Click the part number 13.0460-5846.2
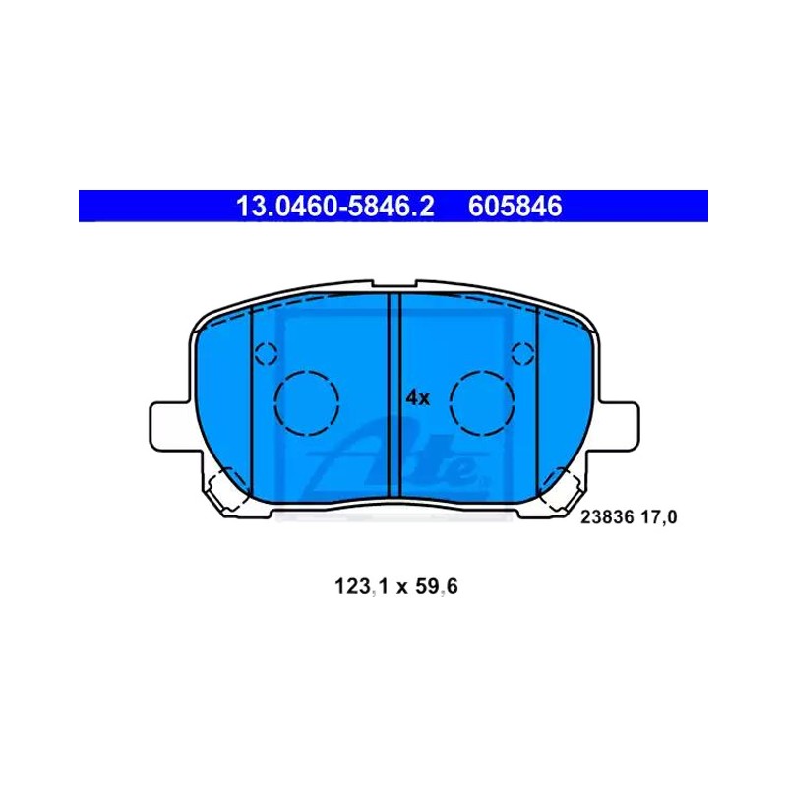point(334,207)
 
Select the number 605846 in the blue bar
point(515,207)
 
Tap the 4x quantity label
point(417,398)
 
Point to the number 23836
point(607,517)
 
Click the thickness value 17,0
point(658,517)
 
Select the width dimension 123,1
point(361,586)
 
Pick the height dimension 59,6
point(436,586)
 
